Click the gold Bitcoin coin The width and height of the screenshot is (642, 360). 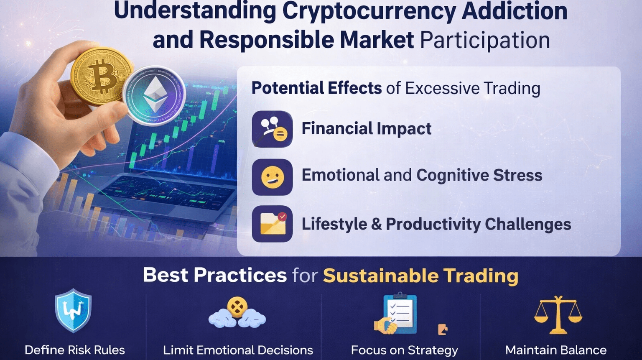101,77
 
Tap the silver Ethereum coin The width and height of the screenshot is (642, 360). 154,95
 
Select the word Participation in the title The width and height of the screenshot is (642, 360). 485,40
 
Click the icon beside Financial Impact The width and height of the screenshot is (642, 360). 272,129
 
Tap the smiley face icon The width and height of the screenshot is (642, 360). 272,177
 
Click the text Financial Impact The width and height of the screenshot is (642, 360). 366,128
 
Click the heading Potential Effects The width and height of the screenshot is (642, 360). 316,88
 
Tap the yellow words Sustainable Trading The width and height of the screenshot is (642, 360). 421,275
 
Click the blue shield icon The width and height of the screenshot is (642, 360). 74,310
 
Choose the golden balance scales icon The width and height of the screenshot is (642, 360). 558,315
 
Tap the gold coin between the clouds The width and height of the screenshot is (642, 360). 237,307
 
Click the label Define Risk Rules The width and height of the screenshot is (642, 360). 75,350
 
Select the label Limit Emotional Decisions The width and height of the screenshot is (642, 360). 238,350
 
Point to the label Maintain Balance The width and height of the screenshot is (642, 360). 556,350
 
